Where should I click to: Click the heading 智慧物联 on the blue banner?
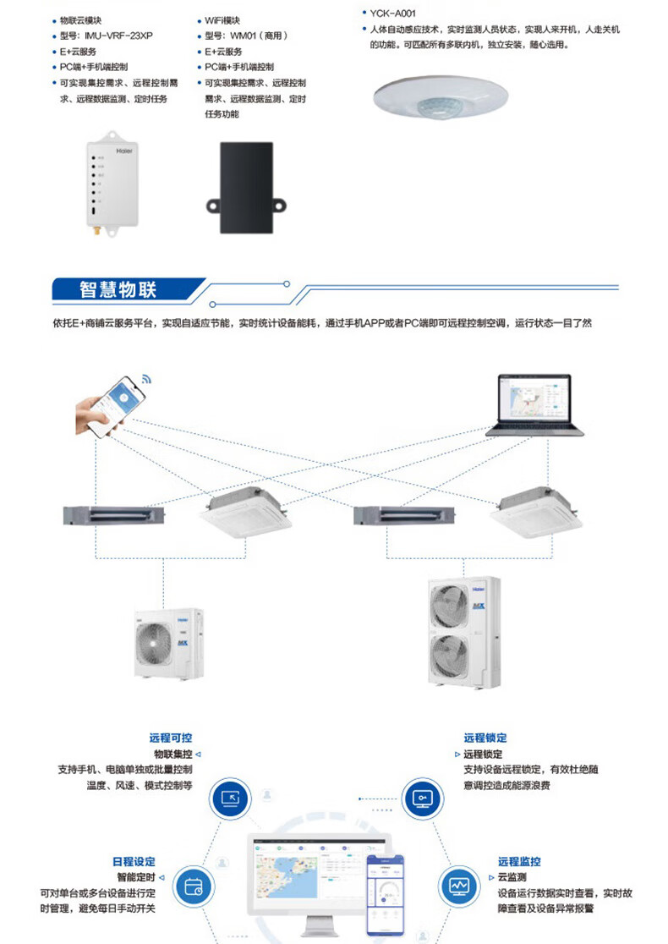coord(118,290)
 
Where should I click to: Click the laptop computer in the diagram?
coord(534,407)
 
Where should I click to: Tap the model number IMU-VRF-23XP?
coord(118,36)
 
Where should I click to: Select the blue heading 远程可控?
coord(170,738)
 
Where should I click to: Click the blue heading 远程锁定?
coord(485,738)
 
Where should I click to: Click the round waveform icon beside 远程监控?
coord(459,886)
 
